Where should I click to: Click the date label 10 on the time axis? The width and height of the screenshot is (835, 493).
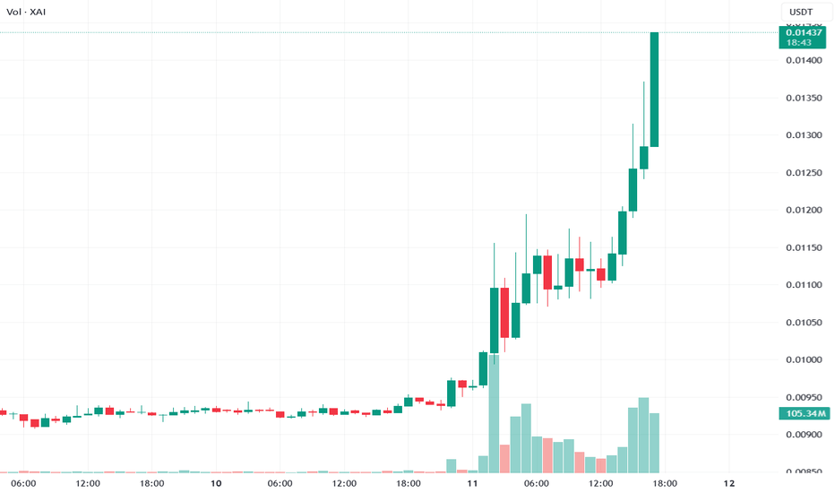click(x=215, y=483)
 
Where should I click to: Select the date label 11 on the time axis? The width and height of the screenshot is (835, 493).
click(x=472, y=483)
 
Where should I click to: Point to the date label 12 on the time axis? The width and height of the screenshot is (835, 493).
click(x=728, y=483)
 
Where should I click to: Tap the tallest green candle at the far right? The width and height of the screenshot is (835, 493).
click(x=655, y=90)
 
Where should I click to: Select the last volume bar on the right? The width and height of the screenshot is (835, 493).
click(x=655, y=442)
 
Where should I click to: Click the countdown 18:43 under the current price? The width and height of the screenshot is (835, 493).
click(x=799, y=42)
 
